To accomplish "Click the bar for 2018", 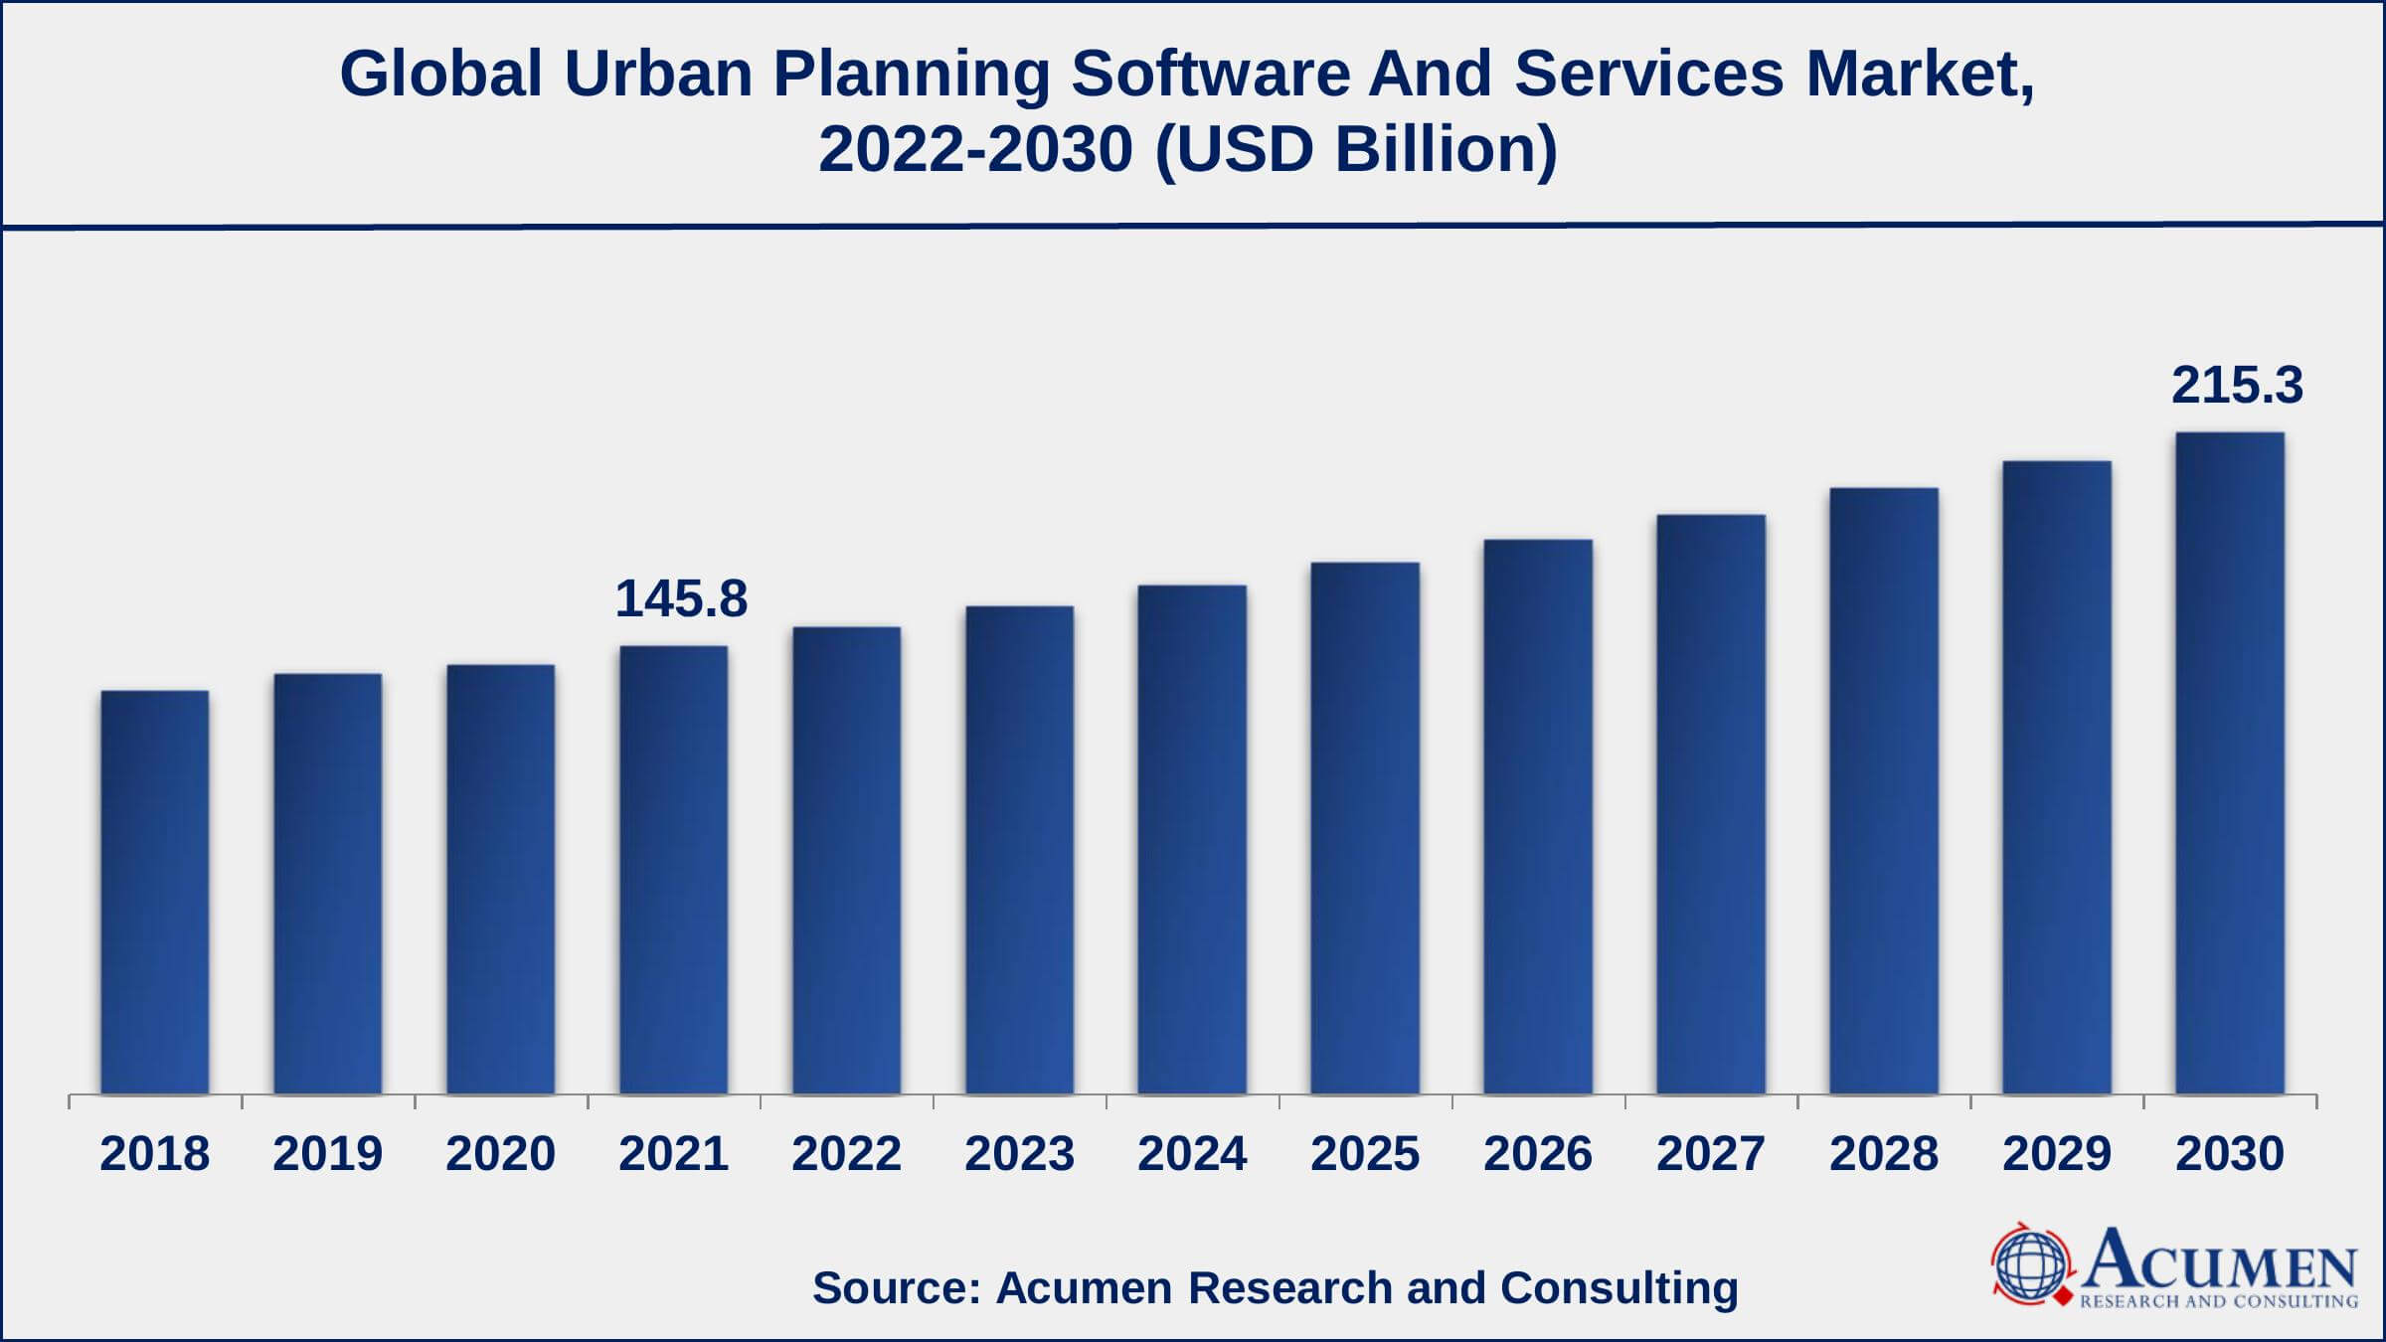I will pos(154,892).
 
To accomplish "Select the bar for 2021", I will pos(673,870).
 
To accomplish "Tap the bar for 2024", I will pos(1192,839).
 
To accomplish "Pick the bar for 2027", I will pos(1711,804).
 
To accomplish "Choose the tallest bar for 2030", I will pos(2230,762).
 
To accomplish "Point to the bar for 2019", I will pos(327,884).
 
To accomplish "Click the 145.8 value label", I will pos(681,599).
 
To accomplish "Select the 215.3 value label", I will pos(2237,386).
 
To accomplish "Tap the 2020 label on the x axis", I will pos(500,1154).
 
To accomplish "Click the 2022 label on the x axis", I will pos(846,1154).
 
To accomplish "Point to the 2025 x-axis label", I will pos(1365,1154).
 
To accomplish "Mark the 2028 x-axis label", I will pos(1884,1154).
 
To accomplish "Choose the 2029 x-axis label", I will pos(2057,1154).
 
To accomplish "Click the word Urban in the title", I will pos(658,75).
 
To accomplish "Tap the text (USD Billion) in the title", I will pos(1356,150).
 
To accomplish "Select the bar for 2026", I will pos(1538,816).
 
